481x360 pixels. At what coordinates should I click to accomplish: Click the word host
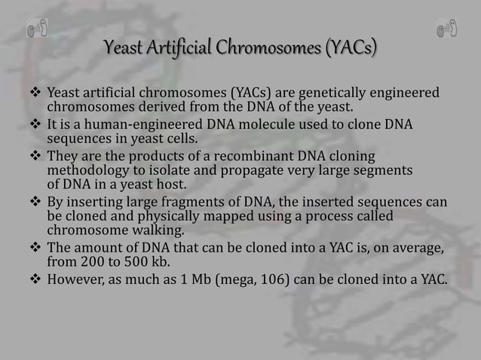pyautogui.click(x=171, y=185)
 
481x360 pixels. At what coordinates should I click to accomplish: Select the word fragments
pyautogui.click(x=182, y=203)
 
